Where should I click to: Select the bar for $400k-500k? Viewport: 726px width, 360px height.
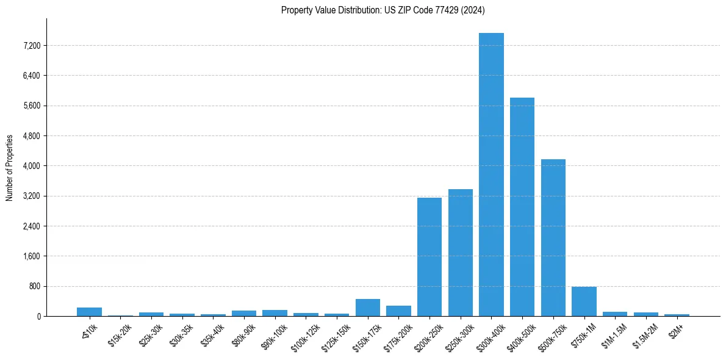tap(522, 207)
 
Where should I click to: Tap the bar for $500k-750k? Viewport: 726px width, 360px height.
tap(553, 237)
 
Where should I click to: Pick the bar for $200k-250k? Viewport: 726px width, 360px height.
tap(429, 257)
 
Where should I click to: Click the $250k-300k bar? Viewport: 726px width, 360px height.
tap(461, 253)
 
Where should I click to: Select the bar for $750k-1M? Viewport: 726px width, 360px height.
tap(584, 301)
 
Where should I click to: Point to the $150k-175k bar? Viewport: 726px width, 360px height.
tap(368, 308)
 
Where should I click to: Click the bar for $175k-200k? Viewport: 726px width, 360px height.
tap(398, 311)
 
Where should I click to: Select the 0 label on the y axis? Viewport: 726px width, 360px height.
tap(38, 316)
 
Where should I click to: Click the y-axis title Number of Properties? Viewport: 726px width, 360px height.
tap(10, 168)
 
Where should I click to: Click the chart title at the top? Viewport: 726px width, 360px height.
tap(383, 10)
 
